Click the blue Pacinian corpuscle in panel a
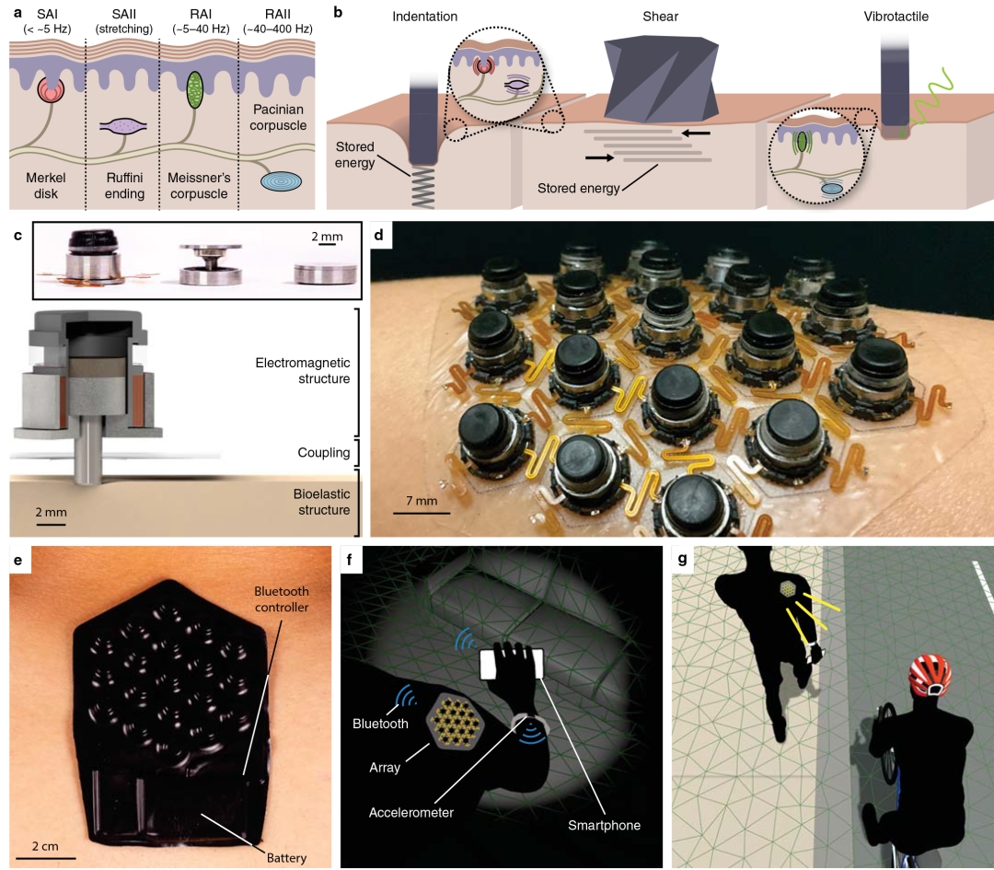tap(281, 181)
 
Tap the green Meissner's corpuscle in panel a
tap(194, 89)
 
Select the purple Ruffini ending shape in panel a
tap(123, 127)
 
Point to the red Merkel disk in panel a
tap(51, 89)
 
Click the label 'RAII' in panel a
tap(278, 15)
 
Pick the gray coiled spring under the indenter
tap(422, 188)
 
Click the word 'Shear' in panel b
tap(661, 17)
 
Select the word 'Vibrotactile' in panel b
tap(896, 17)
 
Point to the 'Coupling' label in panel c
tap(323, 453)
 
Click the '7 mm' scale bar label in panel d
tap(422, 501)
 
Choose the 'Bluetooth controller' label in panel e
tap(282, 599)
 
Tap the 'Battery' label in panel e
tap(286, 858)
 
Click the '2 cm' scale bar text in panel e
tap(45, 847)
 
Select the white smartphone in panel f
tap(513, 664)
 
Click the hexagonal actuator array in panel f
tap(456, 721)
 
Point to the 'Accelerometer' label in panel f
tap(410, 812)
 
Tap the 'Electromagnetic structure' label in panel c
tap(303, 370)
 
